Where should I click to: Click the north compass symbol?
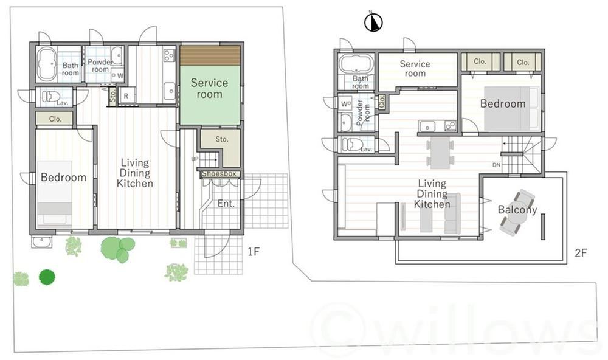(x=373, y=22)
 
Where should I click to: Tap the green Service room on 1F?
(x=210, y=95)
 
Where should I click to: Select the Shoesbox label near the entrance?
(x=219, y=174)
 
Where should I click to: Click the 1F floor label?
(x=253, y=252)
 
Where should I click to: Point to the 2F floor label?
(x=581, y=253)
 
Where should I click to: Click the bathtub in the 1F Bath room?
(x=47, y=64)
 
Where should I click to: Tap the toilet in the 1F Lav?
(x=50, y=96)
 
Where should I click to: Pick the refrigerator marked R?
(x=126, y=96)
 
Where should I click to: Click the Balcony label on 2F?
(x=517, y=210)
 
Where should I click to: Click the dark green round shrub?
(x=47, y=277)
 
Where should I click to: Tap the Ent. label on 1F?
(x=226, y=203)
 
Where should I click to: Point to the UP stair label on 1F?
(x=195, y=159)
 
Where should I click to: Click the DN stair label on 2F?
(x=496, y=165)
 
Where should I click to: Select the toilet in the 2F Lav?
(x=352, y=144)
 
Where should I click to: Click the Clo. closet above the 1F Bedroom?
(x=55, y=119)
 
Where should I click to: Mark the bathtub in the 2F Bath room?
(x=356, y=63)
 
